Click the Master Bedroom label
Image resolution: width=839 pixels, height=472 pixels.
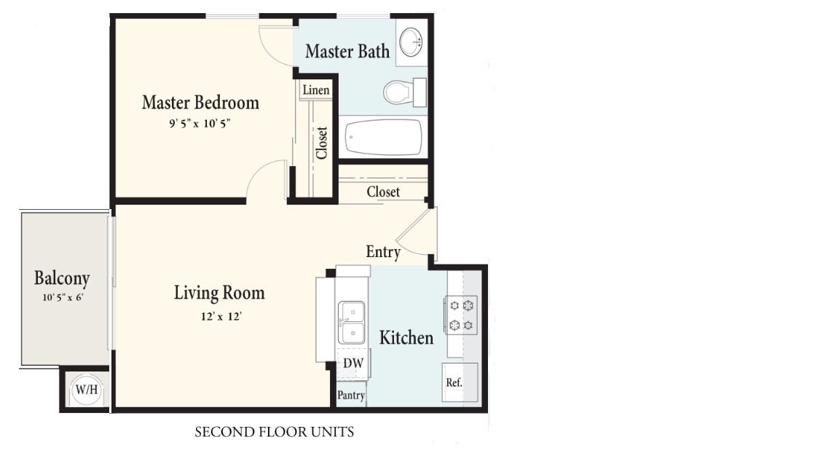[200, 103]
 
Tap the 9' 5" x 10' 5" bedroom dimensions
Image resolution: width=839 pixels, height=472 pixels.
[200, 124]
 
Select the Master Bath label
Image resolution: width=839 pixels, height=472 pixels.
[347, 52]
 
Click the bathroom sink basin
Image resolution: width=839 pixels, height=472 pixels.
[412, 42]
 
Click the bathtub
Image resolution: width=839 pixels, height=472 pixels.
[384, 137]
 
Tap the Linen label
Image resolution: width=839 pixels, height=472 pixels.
[316, 90]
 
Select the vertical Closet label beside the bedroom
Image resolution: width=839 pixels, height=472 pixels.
[322, 143]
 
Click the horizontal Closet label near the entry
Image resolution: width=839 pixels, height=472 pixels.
[383, 192]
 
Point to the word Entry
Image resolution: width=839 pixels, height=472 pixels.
[383, 252]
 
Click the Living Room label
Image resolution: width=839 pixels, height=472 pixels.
[219, 294]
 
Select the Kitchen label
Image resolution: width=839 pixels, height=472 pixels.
[406, 338]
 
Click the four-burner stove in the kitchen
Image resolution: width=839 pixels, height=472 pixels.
[462, 315]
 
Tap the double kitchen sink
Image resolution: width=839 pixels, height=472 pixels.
[352, 323]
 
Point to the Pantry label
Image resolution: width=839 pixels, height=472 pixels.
[351, 396]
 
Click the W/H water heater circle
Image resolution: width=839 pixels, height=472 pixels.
[86, 390]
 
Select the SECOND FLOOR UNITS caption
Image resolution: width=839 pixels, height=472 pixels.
[274, 433]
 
